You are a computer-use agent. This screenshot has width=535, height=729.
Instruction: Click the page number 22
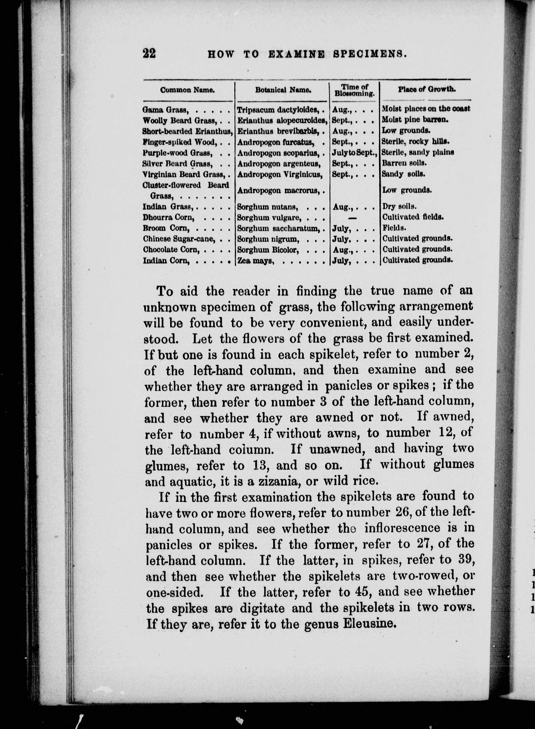(149, 53)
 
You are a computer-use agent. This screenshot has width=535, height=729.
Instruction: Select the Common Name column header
(188, 90)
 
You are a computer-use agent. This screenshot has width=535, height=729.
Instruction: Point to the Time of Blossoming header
(355, 90)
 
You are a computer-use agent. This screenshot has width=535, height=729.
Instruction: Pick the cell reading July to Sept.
(355, 152)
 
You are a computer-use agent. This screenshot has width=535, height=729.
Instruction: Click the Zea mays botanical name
(256, 260)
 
